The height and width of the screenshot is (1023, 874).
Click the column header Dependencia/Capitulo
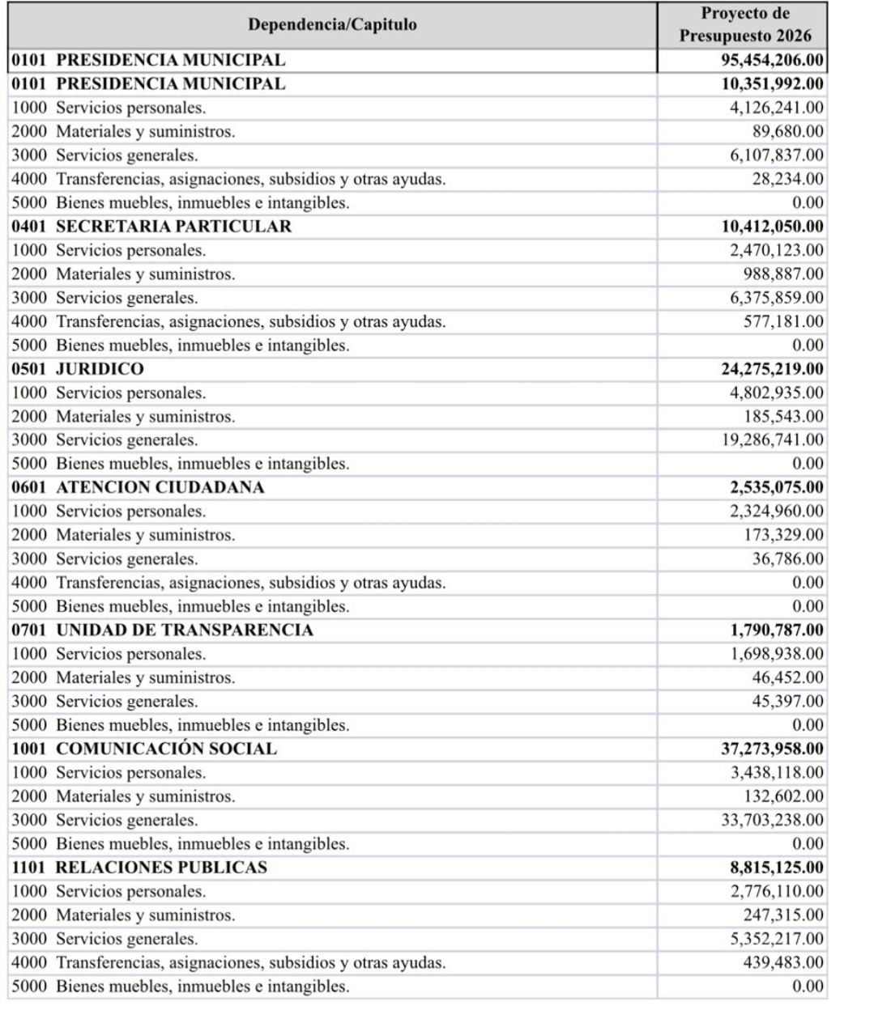[x=332, y=25]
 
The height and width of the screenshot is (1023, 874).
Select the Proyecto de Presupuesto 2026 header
[x=744, y=25]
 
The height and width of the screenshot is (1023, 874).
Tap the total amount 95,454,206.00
[x=772, y=61]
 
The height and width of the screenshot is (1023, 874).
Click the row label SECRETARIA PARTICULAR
[x=173, y=227]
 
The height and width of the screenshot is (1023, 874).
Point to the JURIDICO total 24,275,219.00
[x=772, y=369]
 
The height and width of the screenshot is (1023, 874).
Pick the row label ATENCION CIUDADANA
[x=160, y=488]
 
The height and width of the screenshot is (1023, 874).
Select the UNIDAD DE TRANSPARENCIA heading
[x=184, y=630]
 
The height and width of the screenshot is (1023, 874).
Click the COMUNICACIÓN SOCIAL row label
[x=166, y=749]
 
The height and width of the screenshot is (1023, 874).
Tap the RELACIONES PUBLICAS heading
[x=161, y=868]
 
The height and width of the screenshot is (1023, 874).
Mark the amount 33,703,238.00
[x=772, y=821]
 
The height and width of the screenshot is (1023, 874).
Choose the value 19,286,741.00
[x=772, y=440]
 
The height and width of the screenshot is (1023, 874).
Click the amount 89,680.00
[x=787, y=132]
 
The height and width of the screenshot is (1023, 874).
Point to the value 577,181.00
[x=783, y=322]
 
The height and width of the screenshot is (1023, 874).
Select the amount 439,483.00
[x=783, y=963]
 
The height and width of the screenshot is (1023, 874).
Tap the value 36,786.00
[x=787, y=559]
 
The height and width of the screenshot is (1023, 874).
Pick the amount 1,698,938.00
[x=777, y=654]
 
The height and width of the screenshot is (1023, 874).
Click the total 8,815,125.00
[x=776, y=868]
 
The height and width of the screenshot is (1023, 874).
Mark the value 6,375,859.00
[x=777, y=298]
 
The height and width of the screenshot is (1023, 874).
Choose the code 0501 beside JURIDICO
[x=29, y=369]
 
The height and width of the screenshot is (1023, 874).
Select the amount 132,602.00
[x=783, y=796]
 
